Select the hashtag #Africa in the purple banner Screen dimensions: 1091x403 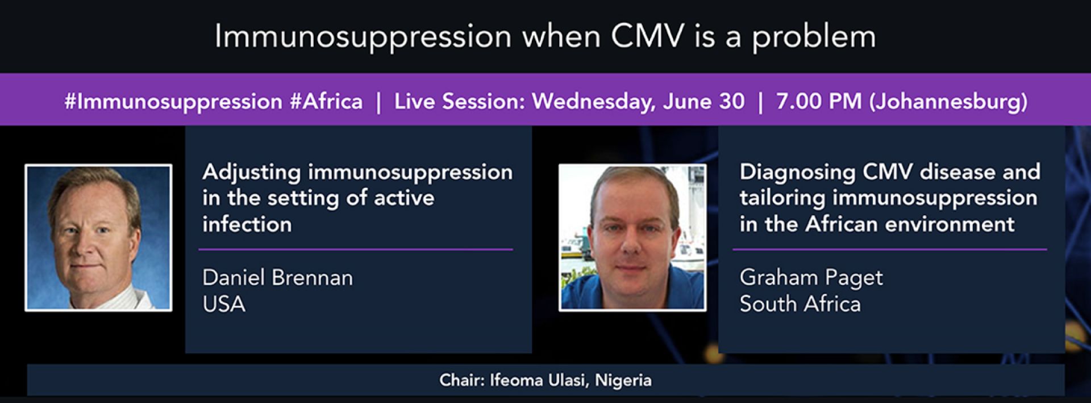[326, 102]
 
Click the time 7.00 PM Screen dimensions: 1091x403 [819, 102]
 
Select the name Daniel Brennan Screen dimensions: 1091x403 [277, 278]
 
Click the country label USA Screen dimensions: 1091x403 [224, 304]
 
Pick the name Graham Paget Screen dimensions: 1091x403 [811, 278]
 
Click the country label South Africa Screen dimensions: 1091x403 [800, 304]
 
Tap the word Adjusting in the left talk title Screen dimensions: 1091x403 [251, 173]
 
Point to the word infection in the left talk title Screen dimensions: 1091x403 [247, 224]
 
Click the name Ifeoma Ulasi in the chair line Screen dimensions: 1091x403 [539, 380]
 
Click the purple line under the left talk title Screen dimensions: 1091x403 [356, 249]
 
